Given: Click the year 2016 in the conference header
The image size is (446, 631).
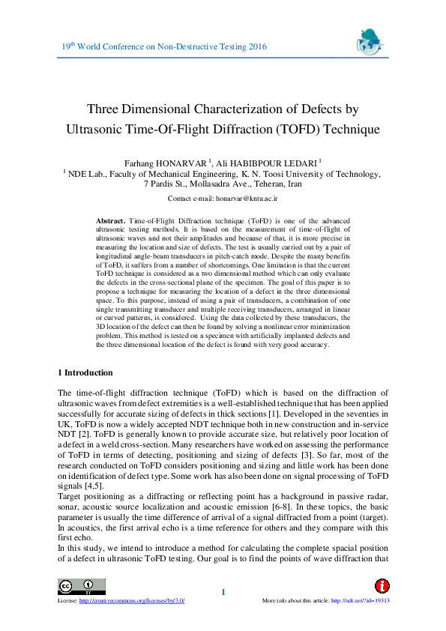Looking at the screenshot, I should [x=254, y=46].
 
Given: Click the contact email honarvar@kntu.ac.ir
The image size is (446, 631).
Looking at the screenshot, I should [x=246, y=199].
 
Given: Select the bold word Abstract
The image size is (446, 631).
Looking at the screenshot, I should [x=111, y=221].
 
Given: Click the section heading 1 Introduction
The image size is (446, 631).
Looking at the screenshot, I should [x=85, y=372].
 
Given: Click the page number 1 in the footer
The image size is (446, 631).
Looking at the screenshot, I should [x=223, y=593].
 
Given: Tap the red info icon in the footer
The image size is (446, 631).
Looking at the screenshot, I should [x=382, y=585].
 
